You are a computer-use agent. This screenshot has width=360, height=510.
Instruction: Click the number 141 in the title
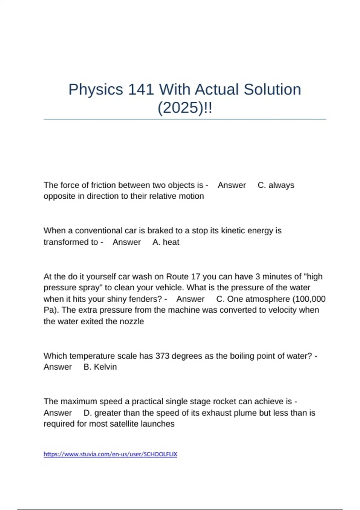141,89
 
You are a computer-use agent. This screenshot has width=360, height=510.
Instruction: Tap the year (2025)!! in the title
184,108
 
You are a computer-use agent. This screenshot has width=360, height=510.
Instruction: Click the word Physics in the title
96,89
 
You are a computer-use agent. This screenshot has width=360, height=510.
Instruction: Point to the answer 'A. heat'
166,242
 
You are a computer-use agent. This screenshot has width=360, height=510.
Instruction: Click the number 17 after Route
195,276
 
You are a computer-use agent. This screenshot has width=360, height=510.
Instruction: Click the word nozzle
132,322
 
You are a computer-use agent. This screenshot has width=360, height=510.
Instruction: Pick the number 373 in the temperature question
162,356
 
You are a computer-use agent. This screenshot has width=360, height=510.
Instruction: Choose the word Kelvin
105,367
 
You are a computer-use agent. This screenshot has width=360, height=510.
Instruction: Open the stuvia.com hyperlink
110,454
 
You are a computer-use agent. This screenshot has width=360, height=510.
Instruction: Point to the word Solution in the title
272,89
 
